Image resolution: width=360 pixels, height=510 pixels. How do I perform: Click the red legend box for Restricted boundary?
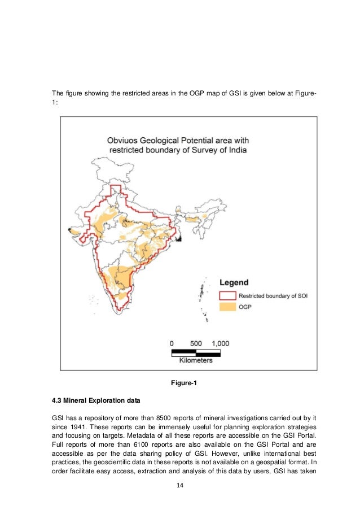tap(227, 295)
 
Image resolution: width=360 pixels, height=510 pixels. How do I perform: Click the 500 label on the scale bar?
tap(195, 343)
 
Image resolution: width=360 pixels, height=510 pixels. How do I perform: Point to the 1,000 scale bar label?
tap(220, 343)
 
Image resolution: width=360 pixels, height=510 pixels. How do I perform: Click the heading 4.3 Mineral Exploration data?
tap(95, 402)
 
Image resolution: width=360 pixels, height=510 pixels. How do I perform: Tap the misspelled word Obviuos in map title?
tap(124, 140)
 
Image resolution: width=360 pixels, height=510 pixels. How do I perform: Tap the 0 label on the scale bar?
tap(172, 343)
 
